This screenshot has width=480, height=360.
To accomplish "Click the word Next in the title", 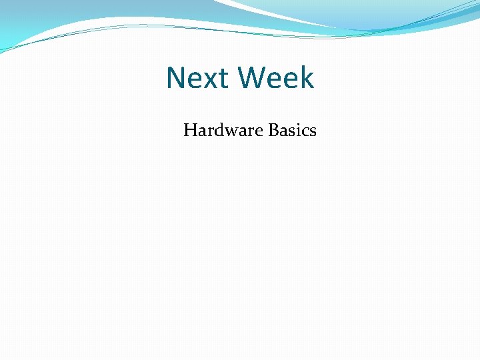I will point(198,78).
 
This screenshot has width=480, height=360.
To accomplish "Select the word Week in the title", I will point(275,78).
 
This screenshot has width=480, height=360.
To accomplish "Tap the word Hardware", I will point(223,130).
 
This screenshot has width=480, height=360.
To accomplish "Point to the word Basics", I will point(292,130).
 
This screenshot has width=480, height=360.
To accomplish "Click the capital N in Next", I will point(177,78).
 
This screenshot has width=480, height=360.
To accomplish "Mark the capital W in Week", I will point(252,78).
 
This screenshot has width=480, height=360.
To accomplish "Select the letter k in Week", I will point(306,77).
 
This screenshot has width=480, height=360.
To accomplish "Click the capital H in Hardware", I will point(191,130).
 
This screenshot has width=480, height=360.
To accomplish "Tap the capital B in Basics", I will point(273,130).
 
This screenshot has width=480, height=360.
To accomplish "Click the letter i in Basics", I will point(297,130).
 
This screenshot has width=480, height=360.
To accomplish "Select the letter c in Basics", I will point(304,132).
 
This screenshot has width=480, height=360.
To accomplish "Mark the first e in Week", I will point(273,80).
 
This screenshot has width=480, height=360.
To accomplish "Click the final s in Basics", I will point(313,132).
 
